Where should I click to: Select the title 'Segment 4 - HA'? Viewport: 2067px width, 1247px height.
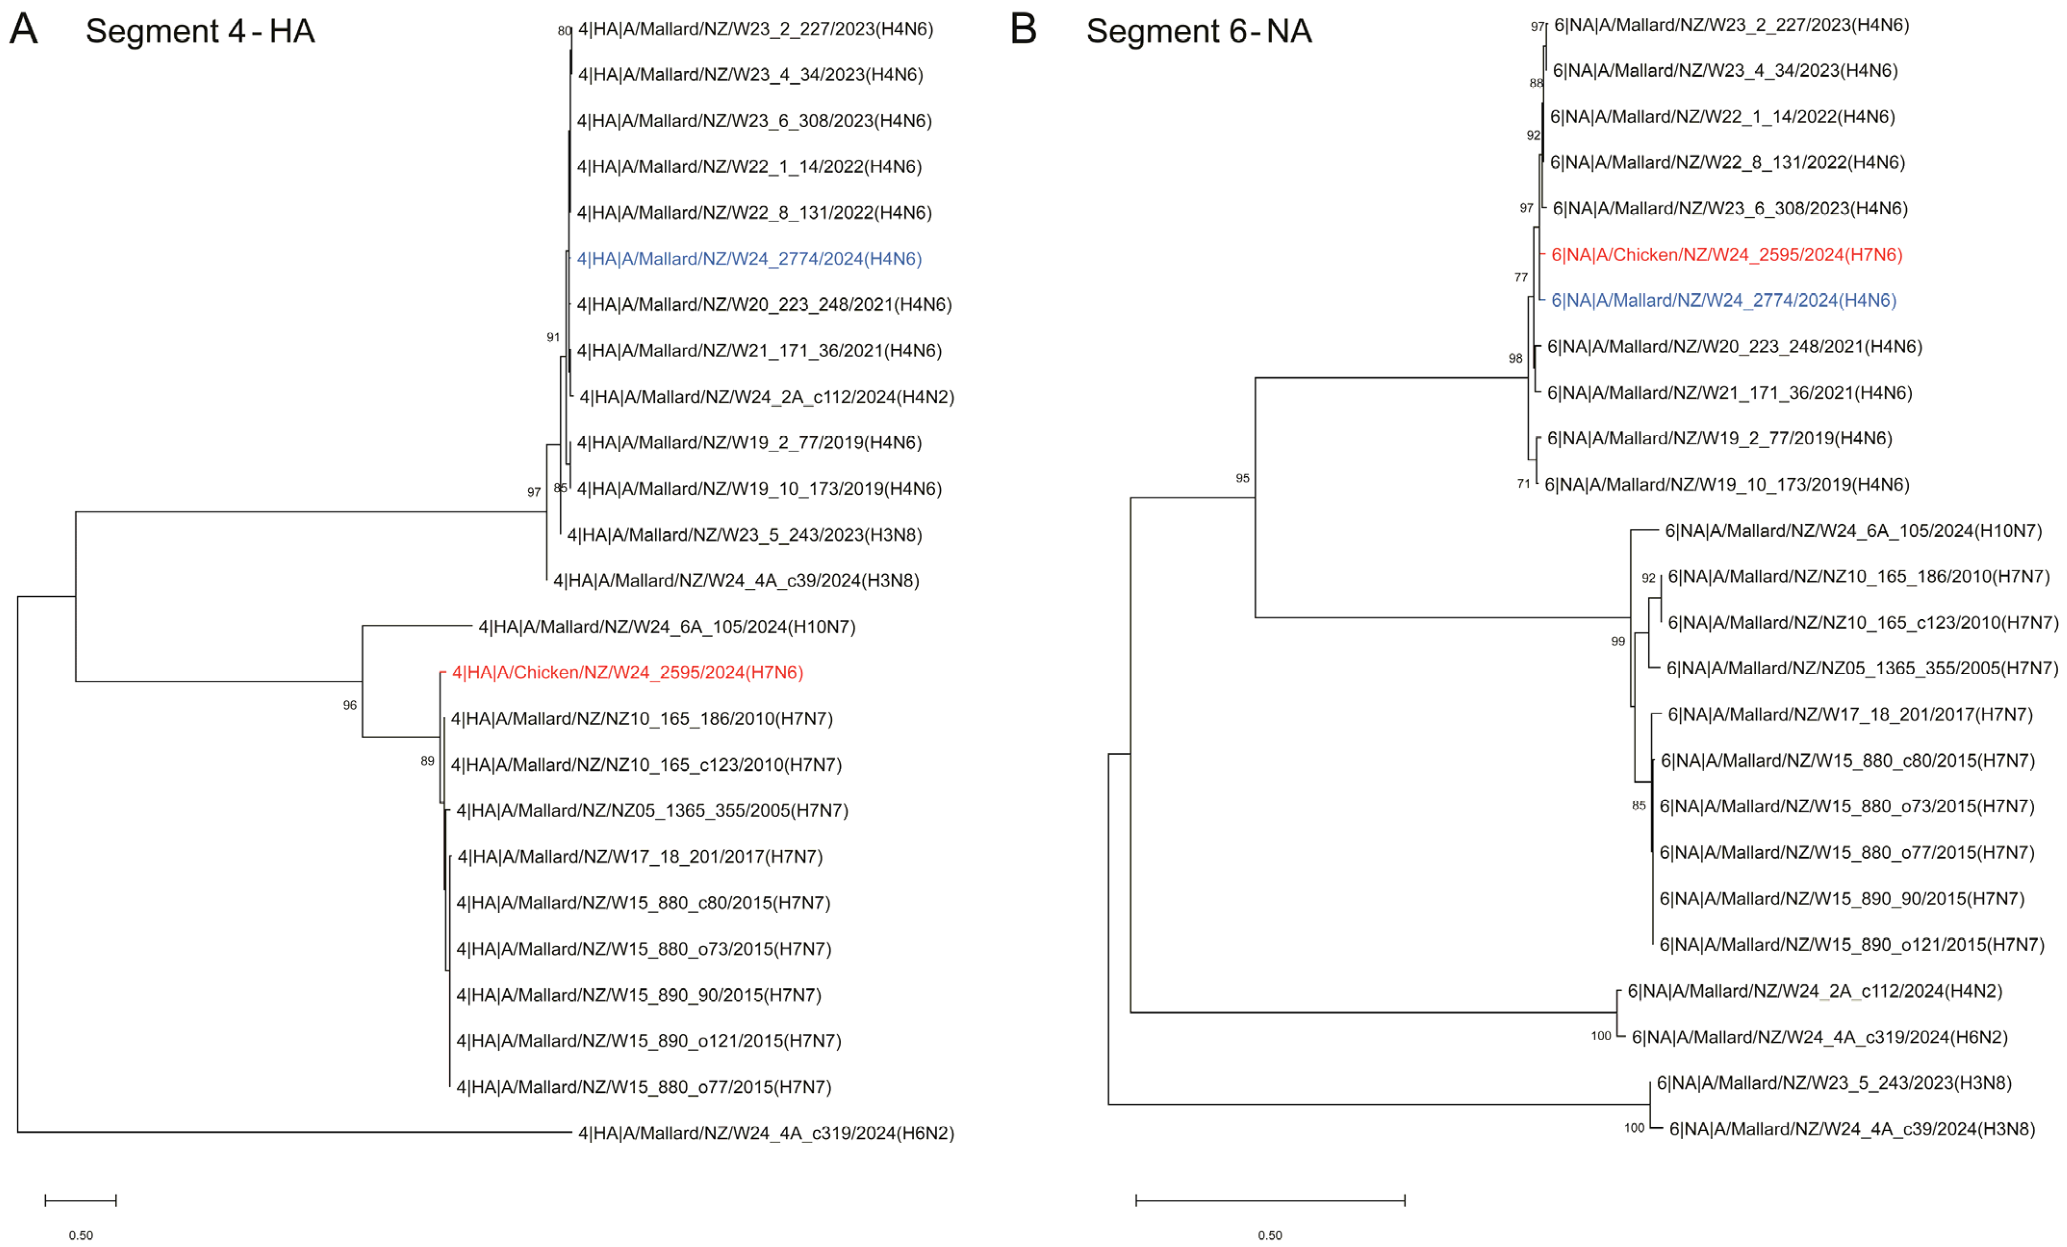tap(200, 32)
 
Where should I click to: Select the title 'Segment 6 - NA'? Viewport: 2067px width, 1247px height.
tap(1199, 32)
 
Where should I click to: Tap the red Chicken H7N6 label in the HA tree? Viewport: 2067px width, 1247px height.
tap(627, 673)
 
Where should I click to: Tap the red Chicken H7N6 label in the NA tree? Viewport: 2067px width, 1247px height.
tap(1726, 255)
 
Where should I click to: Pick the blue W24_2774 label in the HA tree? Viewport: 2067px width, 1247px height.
tap(749, 259)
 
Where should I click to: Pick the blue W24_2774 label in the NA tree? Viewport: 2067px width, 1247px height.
tap(1724, 300)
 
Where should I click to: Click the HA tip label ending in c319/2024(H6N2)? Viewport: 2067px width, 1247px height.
tap(766, 1133)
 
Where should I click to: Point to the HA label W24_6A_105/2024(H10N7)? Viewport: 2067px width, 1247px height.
tap(667, 627)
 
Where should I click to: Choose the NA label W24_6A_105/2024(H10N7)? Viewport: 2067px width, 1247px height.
tap(1853, 531)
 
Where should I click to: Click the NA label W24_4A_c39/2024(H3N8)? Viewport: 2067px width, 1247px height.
tap(1852, 1129)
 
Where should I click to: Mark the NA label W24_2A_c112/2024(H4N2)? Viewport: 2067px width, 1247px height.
tap(1814, 991)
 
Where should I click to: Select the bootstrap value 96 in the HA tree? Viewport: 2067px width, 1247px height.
tap(350, 705)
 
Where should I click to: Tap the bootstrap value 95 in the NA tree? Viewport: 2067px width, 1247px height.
tap(1242, 478)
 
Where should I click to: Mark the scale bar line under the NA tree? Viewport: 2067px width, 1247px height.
tap(1270, 1200)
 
